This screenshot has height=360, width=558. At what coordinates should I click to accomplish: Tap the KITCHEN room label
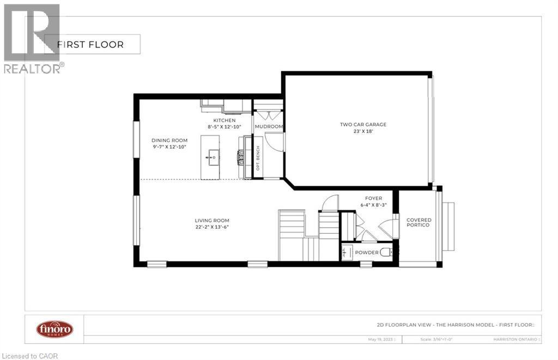pos(224,120)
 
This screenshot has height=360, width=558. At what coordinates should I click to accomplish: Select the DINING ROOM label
pos(169,141)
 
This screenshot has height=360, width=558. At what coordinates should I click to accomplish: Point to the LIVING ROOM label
pos(212,221)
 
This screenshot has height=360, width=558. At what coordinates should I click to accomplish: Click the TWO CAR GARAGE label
pos(363,124)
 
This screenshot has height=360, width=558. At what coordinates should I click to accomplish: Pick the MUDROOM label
pos(269,127)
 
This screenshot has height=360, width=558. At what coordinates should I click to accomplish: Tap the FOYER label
pos(373,198)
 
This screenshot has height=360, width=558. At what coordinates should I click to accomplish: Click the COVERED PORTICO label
pos(418,222)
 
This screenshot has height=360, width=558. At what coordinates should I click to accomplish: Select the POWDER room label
pos(366,253)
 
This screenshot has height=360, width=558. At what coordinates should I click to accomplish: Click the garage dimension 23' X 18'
pos(363,131)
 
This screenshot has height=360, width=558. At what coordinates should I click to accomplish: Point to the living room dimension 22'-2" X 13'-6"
pos(212,227)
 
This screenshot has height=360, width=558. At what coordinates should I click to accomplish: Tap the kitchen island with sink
pos(213,157)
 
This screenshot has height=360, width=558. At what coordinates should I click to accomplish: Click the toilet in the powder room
pos(386,252)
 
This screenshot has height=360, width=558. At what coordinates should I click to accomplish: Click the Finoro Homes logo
pos(54,329)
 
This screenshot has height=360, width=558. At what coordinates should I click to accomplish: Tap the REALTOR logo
pos(32,38)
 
